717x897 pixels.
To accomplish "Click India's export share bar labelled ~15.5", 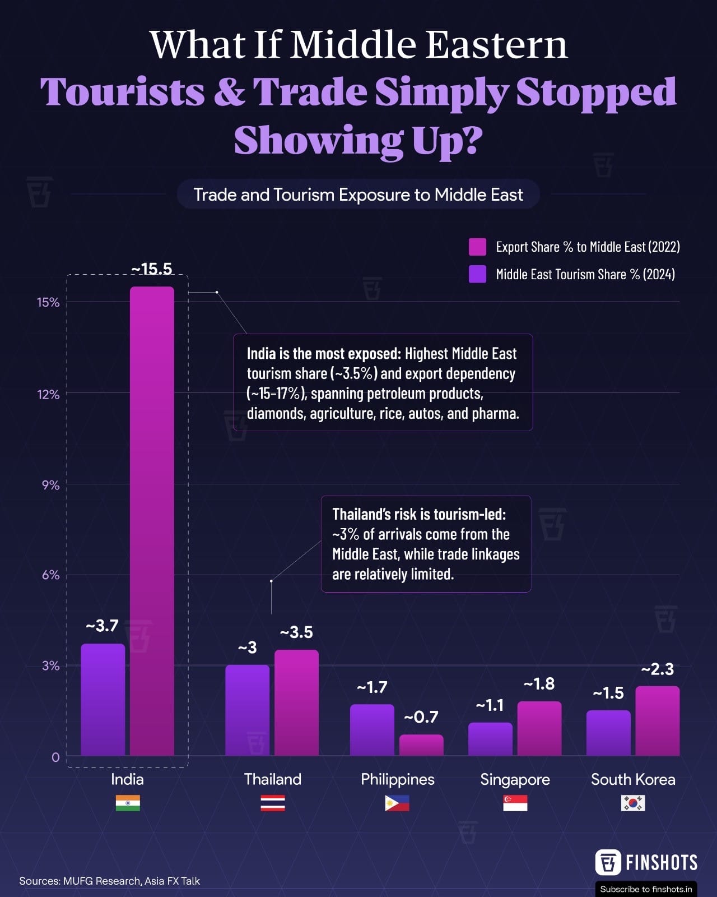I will click(152, 521).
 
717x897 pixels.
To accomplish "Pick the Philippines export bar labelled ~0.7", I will click(421, 745).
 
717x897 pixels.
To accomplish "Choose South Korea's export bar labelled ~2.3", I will click(657, 721).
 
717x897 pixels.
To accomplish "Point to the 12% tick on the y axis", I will click(48, 395).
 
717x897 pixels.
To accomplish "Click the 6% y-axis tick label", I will click(50, 575).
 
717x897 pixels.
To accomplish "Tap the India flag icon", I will click(128, 803).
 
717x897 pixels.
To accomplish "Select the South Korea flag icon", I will click(633, 803).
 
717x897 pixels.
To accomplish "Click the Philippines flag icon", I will click(397, 803).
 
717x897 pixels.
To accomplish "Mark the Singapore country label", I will click(515, 779).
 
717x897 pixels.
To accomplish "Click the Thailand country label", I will click(273, 779).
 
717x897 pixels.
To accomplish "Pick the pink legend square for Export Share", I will click(477, 247).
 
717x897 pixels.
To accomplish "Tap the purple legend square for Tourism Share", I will click(477, 274).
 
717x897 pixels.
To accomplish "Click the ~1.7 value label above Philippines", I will click(373, 687).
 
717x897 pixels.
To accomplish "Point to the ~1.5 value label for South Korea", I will click(608, 693).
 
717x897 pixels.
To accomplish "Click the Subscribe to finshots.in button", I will click(646, 889).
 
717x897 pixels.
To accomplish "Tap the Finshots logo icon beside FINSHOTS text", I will click(608, 862).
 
